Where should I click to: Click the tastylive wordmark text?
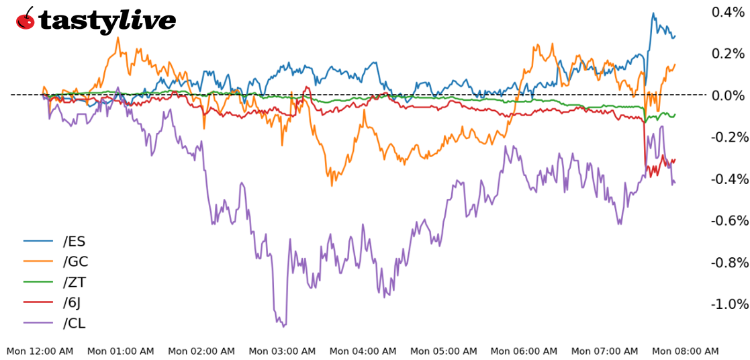click(x=107, y=21)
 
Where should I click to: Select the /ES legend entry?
click(x=74, y=241)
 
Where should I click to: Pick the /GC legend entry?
click(x=75, y=262)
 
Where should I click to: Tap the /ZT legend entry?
click(x=75, y=282)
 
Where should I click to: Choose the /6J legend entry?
click(x=72, y=303)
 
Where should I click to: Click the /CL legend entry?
click(x=74, y=323)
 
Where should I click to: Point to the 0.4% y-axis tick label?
click(x=729, y=12)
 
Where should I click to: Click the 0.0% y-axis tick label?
click(x=729, y=95)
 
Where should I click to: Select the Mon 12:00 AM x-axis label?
click(x=40, y=351)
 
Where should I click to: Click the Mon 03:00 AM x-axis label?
click(x=282, y=351)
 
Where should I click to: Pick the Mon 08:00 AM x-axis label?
click(x=685, y=351)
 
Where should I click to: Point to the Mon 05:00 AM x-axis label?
click(x=443, y=351)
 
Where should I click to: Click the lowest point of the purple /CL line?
click(x=283, y=326)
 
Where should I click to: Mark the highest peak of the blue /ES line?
click(x=653, y=13)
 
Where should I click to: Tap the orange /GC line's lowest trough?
click(x=332, y=185)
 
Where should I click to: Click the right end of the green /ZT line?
click(x=675, y=115)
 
